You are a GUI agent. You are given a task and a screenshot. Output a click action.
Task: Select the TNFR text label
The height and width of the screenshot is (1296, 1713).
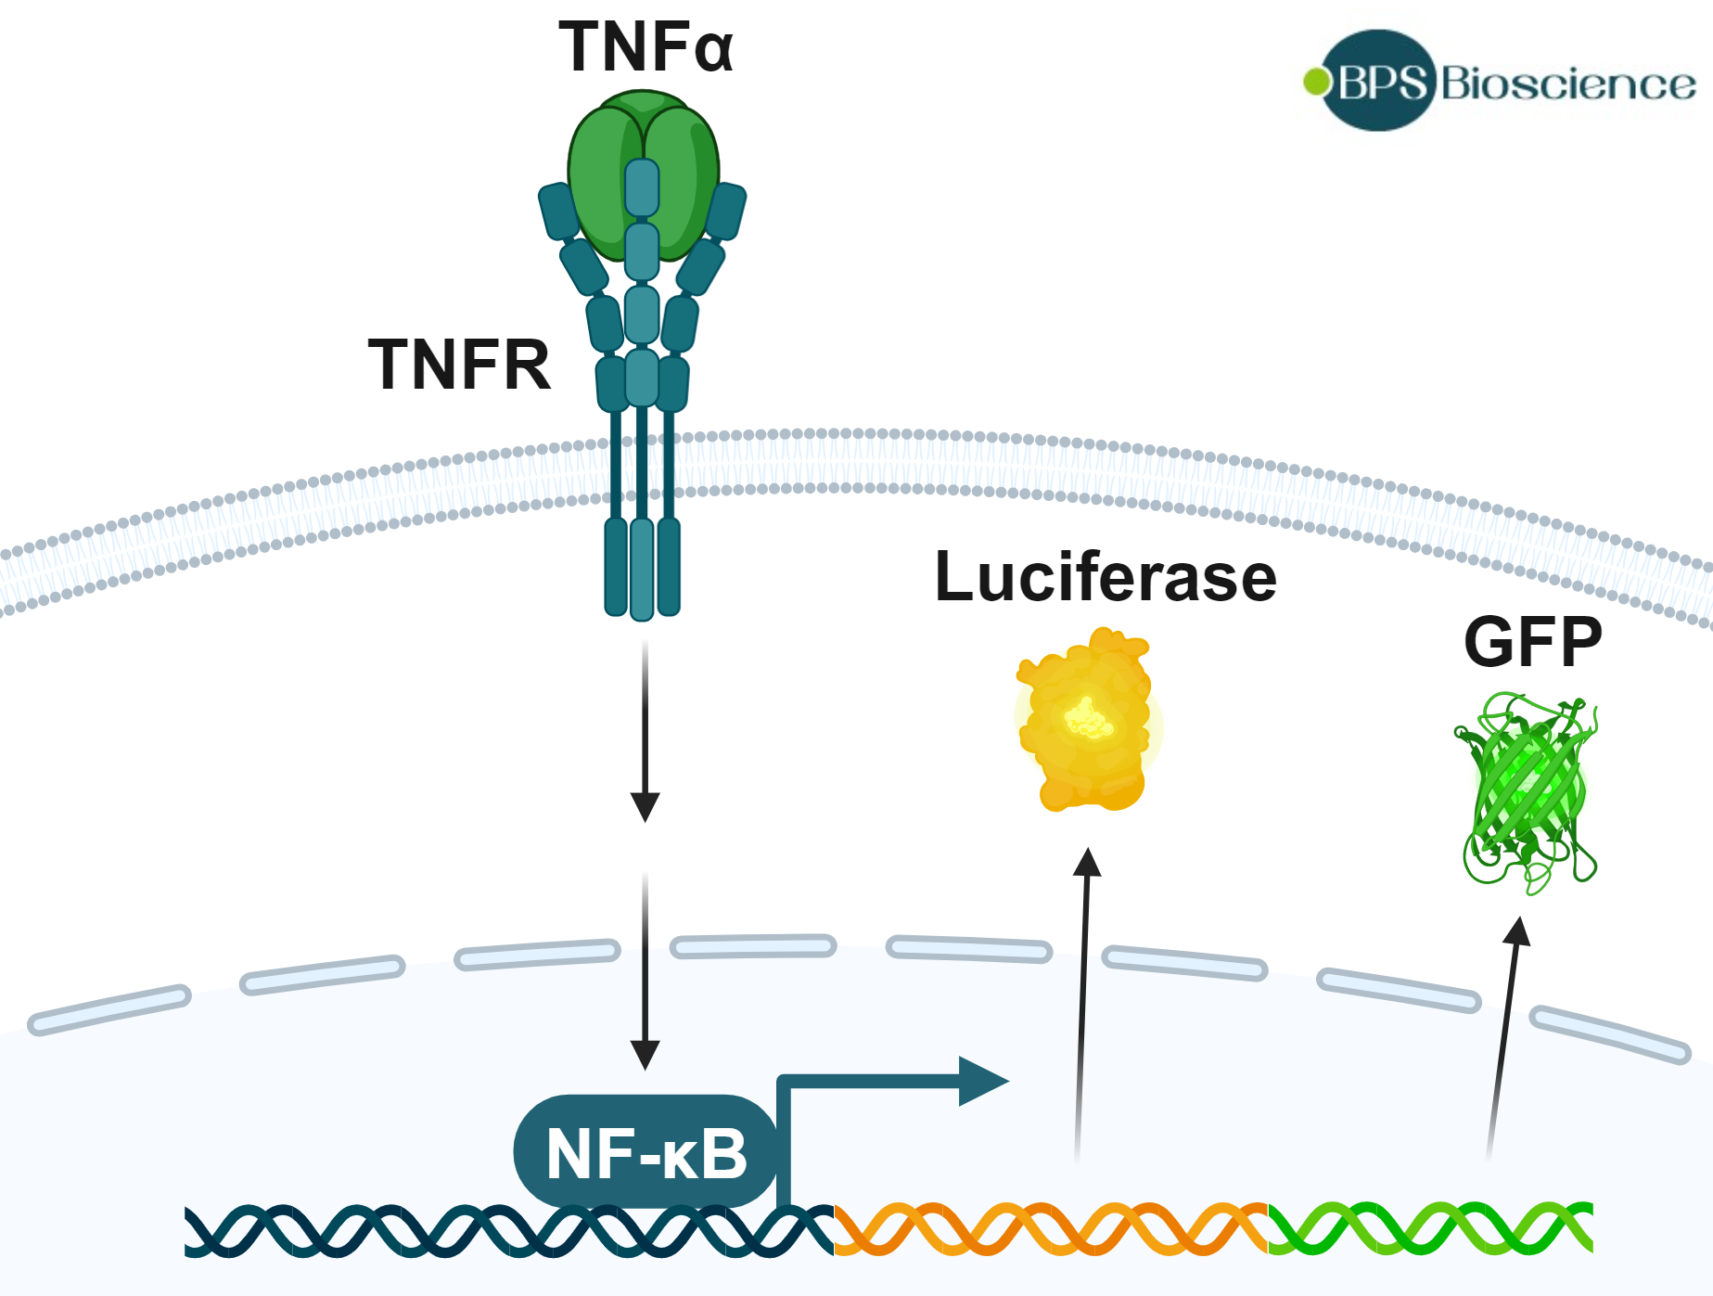(x=460, y=365)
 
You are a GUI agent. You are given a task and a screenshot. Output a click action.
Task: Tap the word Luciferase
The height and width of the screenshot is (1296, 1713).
(x=1106, y=577)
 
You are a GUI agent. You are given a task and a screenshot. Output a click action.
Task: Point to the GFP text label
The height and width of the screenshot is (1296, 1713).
(x=1532, y=642)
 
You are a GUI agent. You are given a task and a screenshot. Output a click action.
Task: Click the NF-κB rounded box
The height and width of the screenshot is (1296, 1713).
(x=646, y=1152)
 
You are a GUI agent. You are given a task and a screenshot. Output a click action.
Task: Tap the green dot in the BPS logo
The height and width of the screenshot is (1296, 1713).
(x=1315, y=82)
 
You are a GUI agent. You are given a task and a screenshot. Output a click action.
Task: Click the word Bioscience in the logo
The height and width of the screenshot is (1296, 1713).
(x=1567, y=84)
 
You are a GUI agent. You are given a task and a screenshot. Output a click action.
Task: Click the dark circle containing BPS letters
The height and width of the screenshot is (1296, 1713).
(x=1380, y=82)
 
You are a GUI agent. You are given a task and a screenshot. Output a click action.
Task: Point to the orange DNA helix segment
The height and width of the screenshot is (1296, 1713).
(x=1050, y=1229)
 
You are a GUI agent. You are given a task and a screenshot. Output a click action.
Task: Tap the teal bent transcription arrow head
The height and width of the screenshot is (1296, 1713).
(x=983, y=1081)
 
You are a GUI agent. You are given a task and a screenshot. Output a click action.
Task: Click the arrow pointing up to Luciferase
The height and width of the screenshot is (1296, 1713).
(x=1082, y=1002)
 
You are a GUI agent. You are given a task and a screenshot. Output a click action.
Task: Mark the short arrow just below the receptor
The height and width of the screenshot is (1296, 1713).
(x=645, y=733)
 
